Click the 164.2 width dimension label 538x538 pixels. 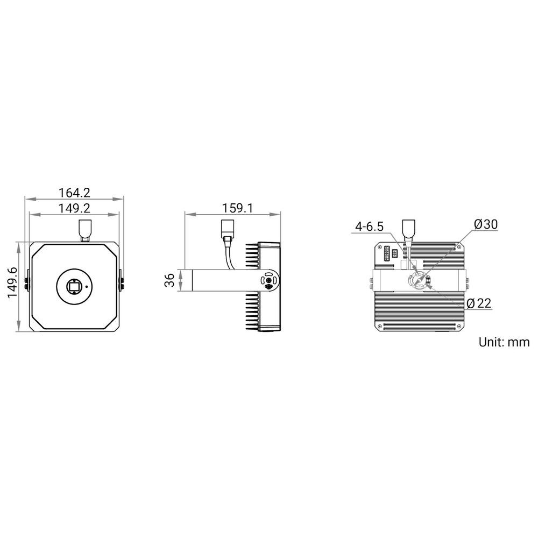(x=74, y=193)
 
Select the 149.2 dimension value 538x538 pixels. (x=74, y=208)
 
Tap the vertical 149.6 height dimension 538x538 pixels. (x=13, y=282)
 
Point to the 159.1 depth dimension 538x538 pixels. (x=237, y=208)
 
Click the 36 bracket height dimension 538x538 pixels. (x=169, y=280)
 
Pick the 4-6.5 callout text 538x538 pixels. (x=369, y=226)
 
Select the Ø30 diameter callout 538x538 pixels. (x=486, y=224)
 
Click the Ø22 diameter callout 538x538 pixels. (x=479, y=303)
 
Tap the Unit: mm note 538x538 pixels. (x=504, y=342)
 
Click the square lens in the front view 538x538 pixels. (x=74, y=286)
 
